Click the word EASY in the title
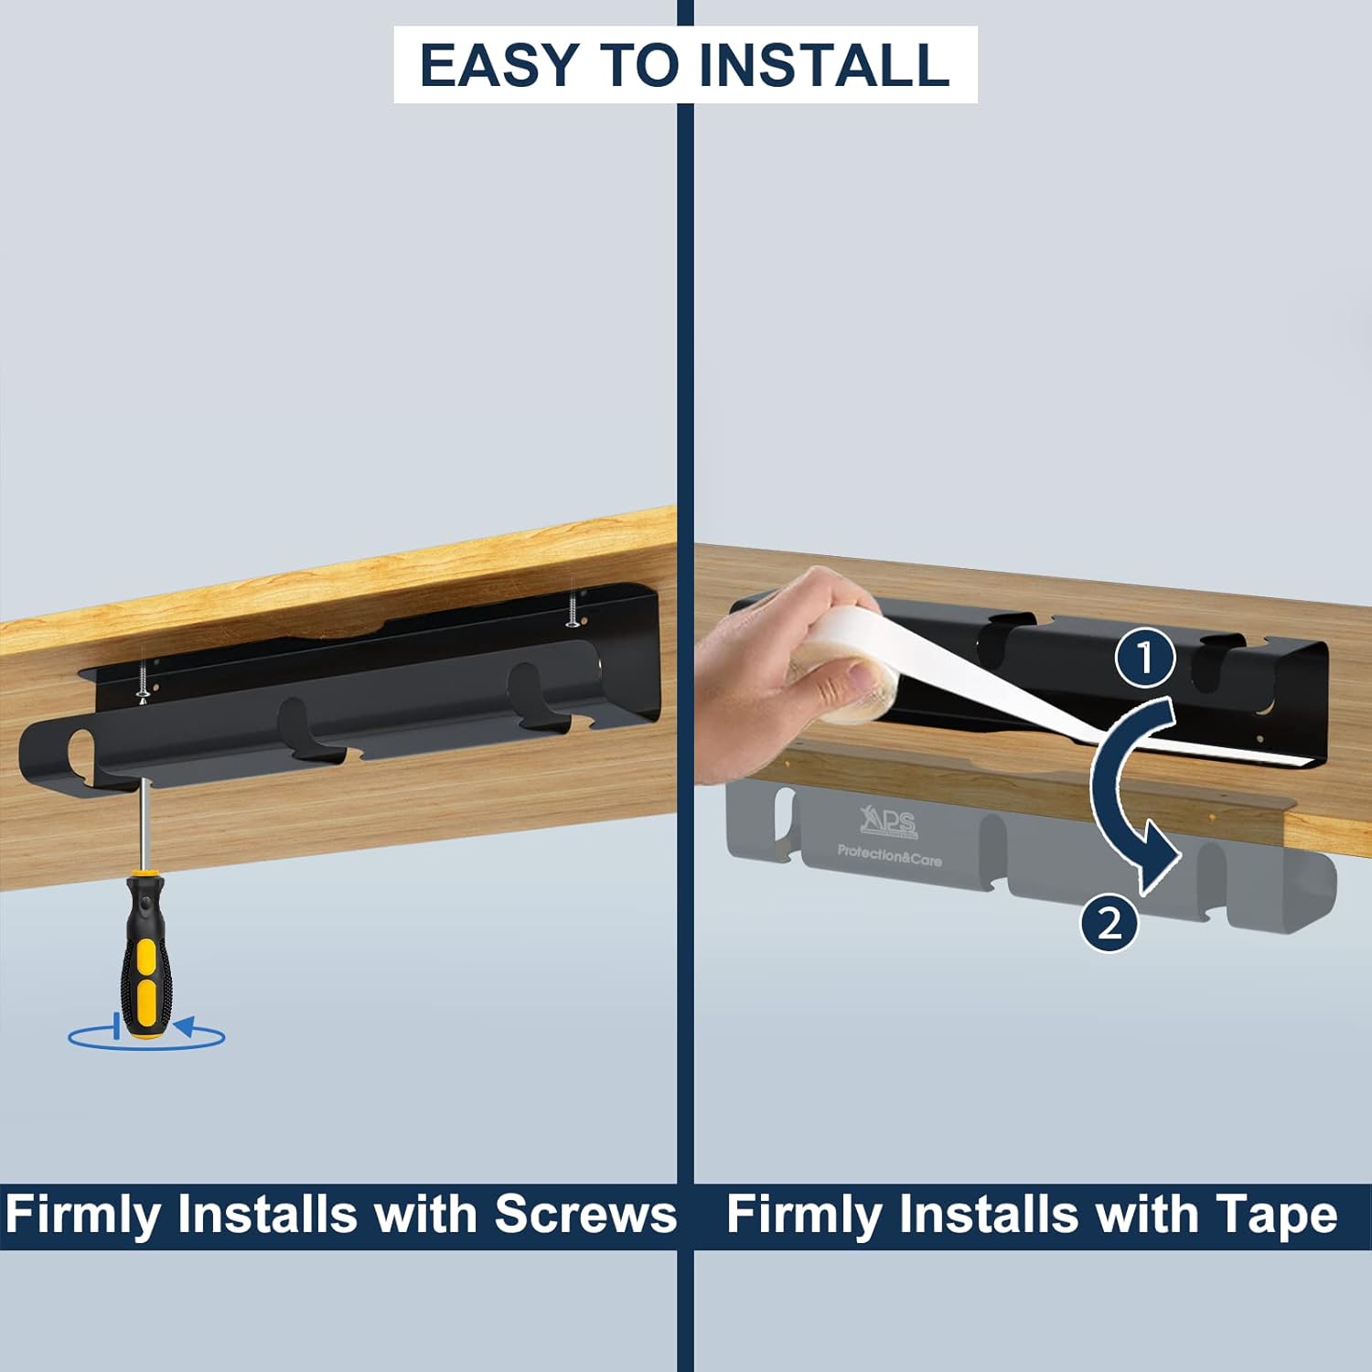coord(498,65)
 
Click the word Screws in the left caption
coord(585,1215)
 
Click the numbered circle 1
coord(1144,658)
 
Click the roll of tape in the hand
coord(846,681)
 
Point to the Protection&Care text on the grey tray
coord(889,856)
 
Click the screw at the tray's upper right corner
coord(573,609)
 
